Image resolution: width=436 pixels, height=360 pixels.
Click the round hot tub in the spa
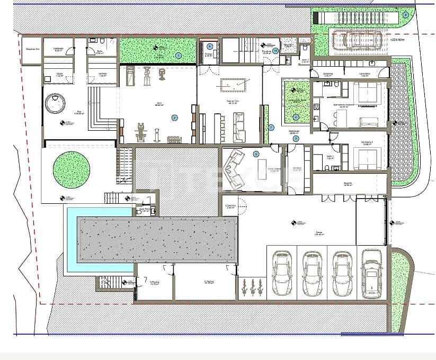55,103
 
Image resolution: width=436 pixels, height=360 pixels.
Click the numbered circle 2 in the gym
175,118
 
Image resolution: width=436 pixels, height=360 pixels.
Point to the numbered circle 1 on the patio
178,55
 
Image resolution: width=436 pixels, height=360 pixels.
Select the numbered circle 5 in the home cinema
256,154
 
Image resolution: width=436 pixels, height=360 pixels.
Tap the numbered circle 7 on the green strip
271,127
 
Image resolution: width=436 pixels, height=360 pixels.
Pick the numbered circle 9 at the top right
406,15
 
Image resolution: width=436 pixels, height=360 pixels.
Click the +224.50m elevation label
397,40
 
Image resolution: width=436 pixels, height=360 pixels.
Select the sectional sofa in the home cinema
235,168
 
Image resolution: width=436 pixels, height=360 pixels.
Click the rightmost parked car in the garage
371,273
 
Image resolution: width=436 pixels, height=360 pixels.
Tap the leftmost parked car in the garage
281,273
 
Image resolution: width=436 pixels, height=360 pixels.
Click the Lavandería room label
364,74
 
